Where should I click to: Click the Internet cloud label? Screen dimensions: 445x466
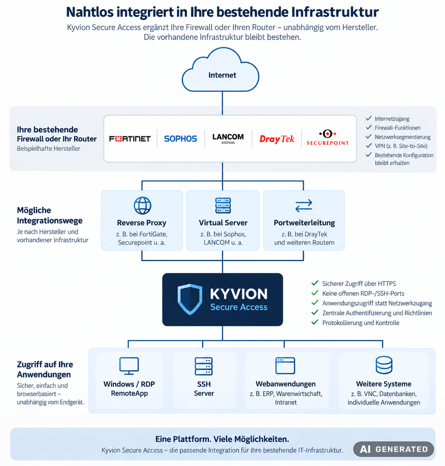(x=222, y=75)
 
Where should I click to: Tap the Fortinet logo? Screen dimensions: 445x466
(x=130, y=139)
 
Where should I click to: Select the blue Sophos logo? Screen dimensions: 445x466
(x=181, y=139)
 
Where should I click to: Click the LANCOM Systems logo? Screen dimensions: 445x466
(x=228, y=139)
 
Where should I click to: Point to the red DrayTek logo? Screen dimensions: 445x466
(x=277, y=139)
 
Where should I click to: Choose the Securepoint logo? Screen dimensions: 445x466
(x=327, y=138)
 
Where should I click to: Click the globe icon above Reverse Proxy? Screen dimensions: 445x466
(x=142, y=206)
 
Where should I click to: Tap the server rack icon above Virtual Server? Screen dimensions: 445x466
(x=223, y=206)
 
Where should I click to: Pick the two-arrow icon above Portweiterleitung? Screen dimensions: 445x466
(x=303, y=206)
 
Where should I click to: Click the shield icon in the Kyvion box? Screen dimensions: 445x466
(x=190, y=299)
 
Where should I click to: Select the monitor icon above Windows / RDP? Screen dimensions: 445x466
(x=129, y=366)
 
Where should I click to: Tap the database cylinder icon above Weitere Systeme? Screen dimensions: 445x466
(x=384, y=365)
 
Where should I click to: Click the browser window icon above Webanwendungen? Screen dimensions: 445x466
(x=285, y=366)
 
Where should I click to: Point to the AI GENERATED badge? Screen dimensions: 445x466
(x=393, y=449)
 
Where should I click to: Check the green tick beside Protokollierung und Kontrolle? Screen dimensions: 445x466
(x=315, y=322)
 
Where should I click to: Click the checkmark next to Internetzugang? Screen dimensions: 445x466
(x=369, y=118)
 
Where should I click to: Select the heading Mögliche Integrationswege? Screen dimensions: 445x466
(x=49, y=215)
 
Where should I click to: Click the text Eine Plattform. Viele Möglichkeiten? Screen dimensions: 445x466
(x=222, y=439)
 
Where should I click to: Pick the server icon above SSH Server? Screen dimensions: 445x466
(x=204, y=366)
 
